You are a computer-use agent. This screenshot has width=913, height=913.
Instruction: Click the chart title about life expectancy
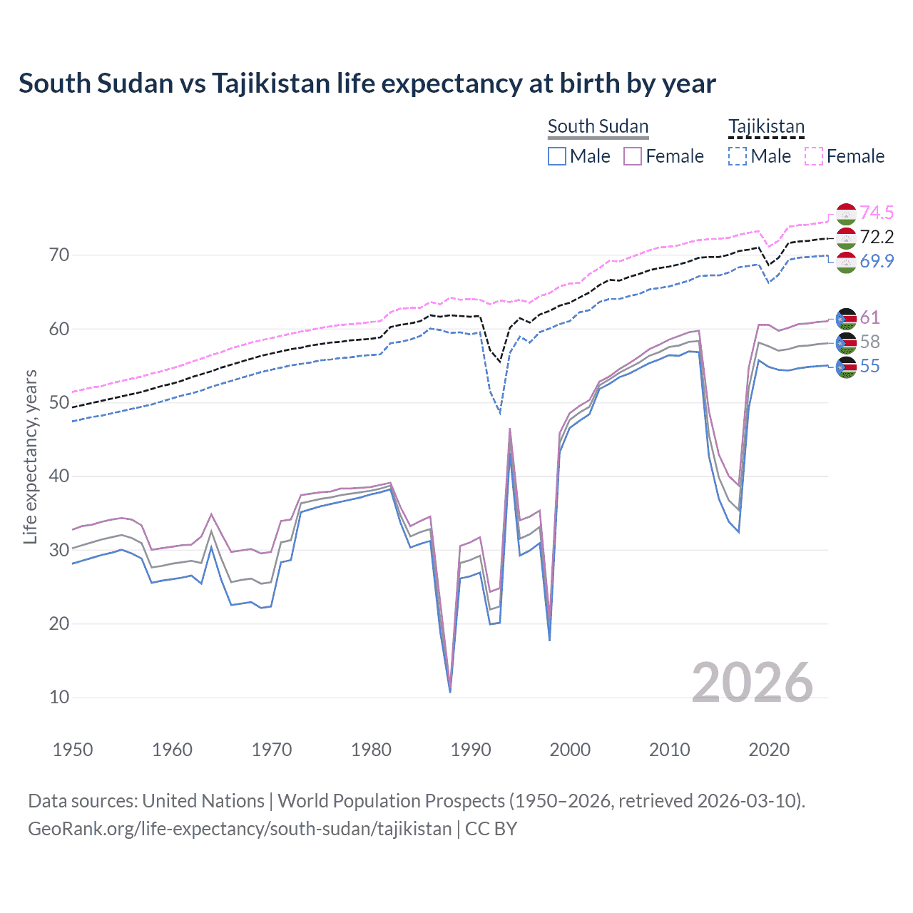click(367, 83)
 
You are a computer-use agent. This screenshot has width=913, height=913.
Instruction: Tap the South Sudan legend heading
click(598, 126)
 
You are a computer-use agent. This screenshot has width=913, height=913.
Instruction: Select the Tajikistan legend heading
click(766, 126)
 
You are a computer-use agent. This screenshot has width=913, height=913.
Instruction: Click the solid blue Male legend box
click(557, 156)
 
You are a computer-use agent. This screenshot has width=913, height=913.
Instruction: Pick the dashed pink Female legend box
click(814, 156)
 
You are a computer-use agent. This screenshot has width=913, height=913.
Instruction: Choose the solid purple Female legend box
click(633, 156)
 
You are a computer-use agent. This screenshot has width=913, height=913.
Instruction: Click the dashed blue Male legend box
click(738, 156)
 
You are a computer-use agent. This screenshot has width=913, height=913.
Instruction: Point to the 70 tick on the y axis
click(59, 255)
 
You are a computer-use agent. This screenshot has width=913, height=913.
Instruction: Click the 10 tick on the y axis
click(59, 697)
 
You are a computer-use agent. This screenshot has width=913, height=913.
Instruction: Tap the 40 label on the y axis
click(59, 476)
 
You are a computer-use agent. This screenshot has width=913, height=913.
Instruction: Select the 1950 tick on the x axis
click(73, 750)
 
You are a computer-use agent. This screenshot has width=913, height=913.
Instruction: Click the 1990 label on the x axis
click(471, 750)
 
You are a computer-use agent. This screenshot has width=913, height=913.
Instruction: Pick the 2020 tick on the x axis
click(769, 750)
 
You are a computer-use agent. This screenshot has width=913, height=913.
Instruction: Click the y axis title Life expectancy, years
click(30, 456)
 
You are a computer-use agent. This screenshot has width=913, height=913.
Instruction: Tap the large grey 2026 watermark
click(752, 683)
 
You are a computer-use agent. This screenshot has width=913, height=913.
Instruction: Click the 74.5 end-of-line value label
click(877, 213)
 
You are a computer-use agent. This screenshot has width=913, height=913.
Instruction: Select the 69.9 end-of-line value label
click(877, 261)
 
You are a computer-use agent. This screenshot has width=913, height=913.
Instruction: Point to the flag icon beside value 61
click(846, 318)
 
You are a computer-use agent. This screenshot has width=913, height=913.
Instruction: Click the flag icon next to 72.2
click(846, 238)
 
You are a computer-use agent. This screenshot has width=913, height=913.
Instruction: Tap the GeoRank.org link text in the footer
click(240, 829)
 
